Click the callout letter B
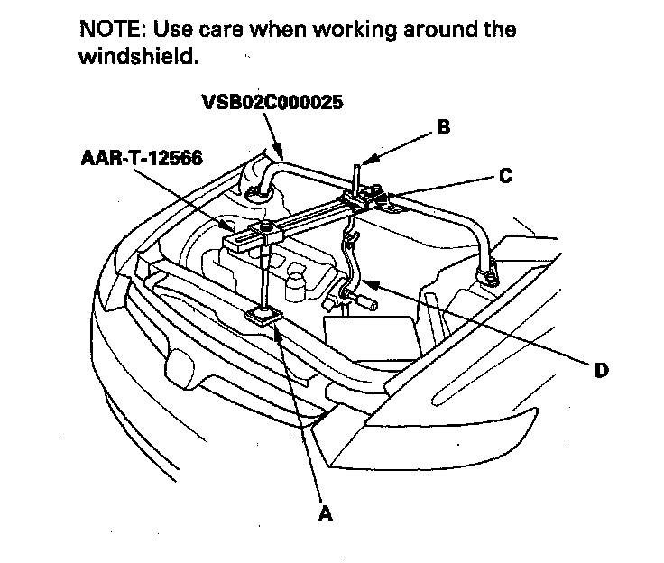pos(442,127)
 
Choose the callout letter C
pos(505,176)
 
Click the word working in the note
pos(365,28)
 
